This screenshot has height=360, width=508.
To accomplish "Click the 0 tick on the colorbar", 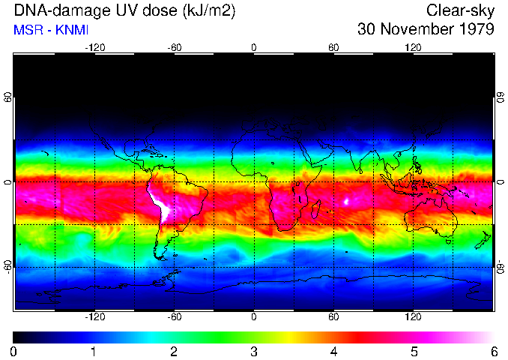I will coord(13,351).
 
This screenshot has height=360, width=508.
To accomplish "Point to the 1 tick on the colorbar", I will coord(94,351).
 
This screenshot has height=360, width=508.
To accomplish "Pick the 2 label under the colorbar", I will coord(174,351).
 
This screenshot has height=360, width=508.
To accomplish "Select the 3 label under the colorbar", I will coord(253,351).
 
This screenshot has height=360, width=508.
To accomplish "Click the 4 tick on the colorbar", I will coord(333,351).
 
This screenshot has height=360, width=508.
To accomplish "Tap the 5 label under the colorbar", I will coord(414,351).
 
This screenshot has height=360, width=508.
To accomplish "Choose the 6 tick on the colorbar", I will coord(493,351).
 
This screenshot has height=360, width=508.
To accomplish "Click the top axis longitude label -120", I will coord(94,47).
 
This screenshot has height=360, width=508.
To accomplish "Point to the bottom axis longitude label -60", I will coord(175,317).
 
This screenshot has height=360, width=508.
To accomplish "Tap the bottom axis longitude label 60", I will coord(333,317).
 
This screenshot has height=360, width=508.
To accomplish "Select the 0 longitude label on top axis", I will coord(254,47).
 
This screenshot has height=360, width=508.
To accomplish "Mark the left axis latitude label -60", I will coord(7,267).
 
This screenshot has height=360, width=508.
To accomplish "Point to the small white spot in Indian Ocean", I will coord(346,201).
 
